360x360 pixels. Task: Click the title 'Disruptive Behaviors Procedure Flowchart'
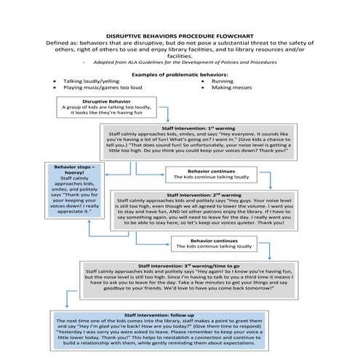(x=180, y=34)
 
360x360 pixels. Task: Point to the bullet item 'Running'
(x=223, y=81)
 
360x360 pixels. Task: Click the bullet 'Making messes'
(x=231, y=88)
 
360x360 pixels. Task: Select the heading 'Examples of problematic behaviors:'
(x=180, y=74)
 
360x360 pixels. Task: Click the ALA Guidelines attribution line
(x=180, y=65)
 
